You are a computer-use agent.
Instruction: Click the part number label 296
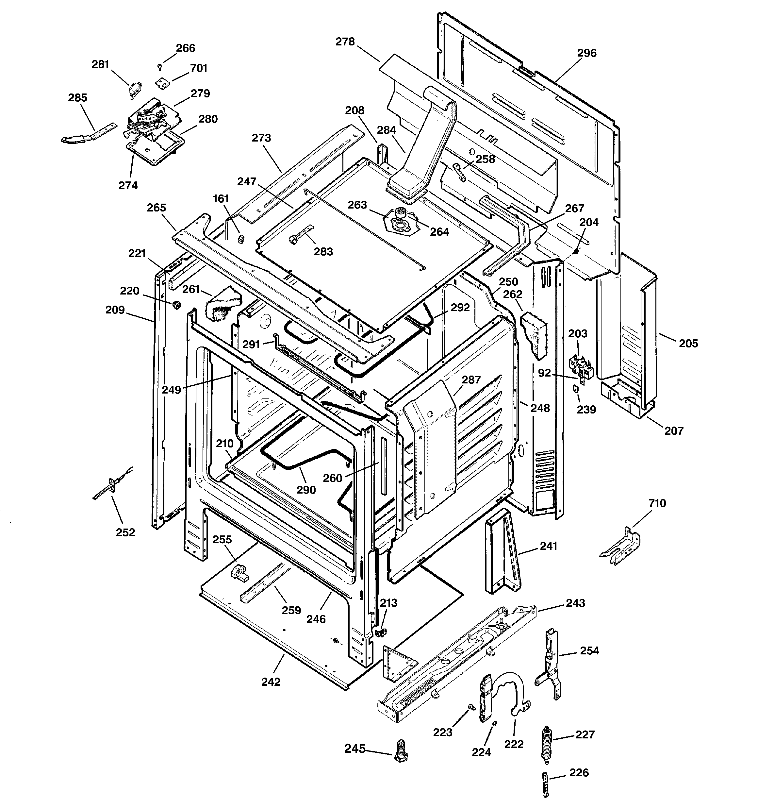(586, 53)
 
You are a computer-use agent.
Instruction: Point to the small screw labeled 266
(160, 67)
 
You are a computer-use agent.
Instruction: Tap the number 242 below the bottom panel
(271, 682)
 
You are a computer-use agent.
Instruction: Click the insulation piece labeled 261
(222, 305)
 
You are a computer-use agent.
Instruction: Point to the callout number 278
(345, 42)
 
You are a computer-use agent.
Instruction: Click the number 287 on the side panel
(471, 380)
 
